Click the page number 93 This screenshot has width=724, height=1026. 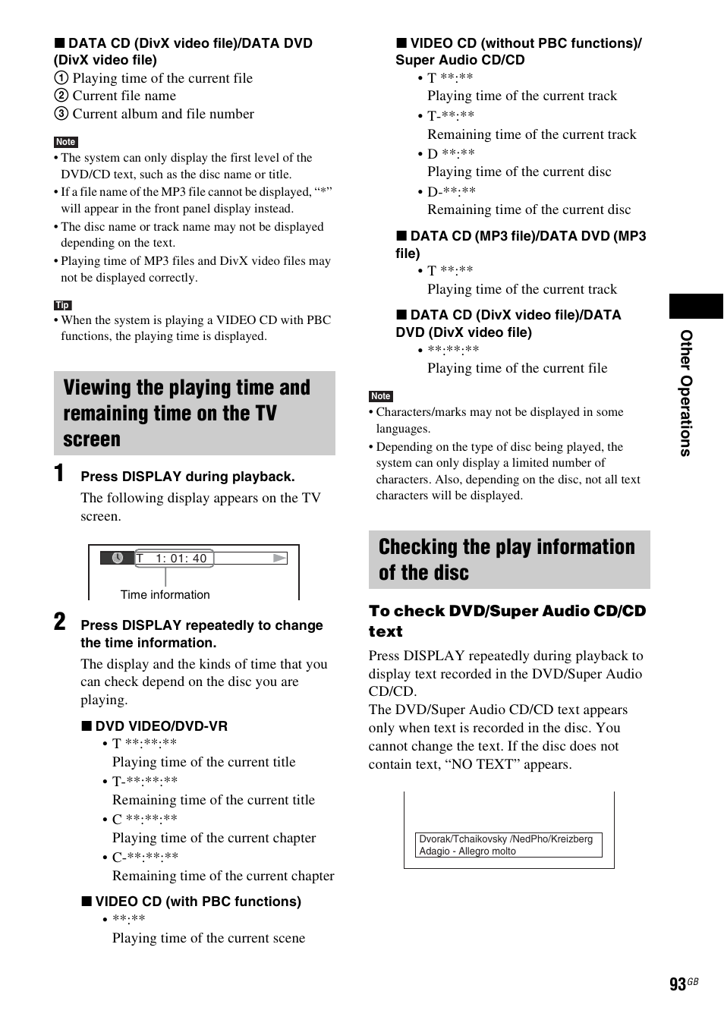point(677,984)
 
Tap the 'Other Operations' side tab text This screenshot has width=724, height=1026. point(685,393)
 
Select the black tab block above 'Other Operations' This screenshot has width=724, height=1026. point(695,306)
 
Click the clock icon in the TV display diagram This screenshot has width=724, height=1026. point(118,558)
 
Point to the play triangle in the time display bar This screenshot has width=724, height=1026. point(280,558)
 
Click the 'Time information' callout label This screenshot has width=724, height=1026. point(165,595)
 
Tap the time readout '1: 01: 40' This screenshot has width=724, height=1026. point(181,559)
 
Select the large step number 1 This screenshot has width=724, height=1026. point(59,473)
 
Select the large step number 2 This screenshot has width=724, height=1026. point(60,622)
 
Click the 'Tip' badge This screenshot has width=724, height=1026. point(62,305)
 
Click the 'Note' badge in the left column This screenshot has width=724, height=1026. point(66,142)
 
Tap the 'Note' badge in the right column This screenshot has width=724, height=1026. point(380,396)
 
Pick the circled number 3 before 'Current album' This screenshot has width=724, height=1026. point(61,114)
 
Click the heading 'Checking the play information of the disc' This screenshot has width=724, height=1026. point(507,559)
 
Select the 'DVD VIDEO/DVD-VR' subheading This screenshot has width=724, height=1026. point(161,726)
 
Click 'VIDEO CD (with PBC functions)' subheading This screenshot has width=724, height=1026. point(197,902)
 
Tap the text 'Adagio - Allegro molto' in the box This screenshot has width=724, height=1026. point(467,851)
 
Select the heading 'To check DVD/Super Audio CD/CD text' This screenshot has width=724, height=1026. point(507,621)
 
